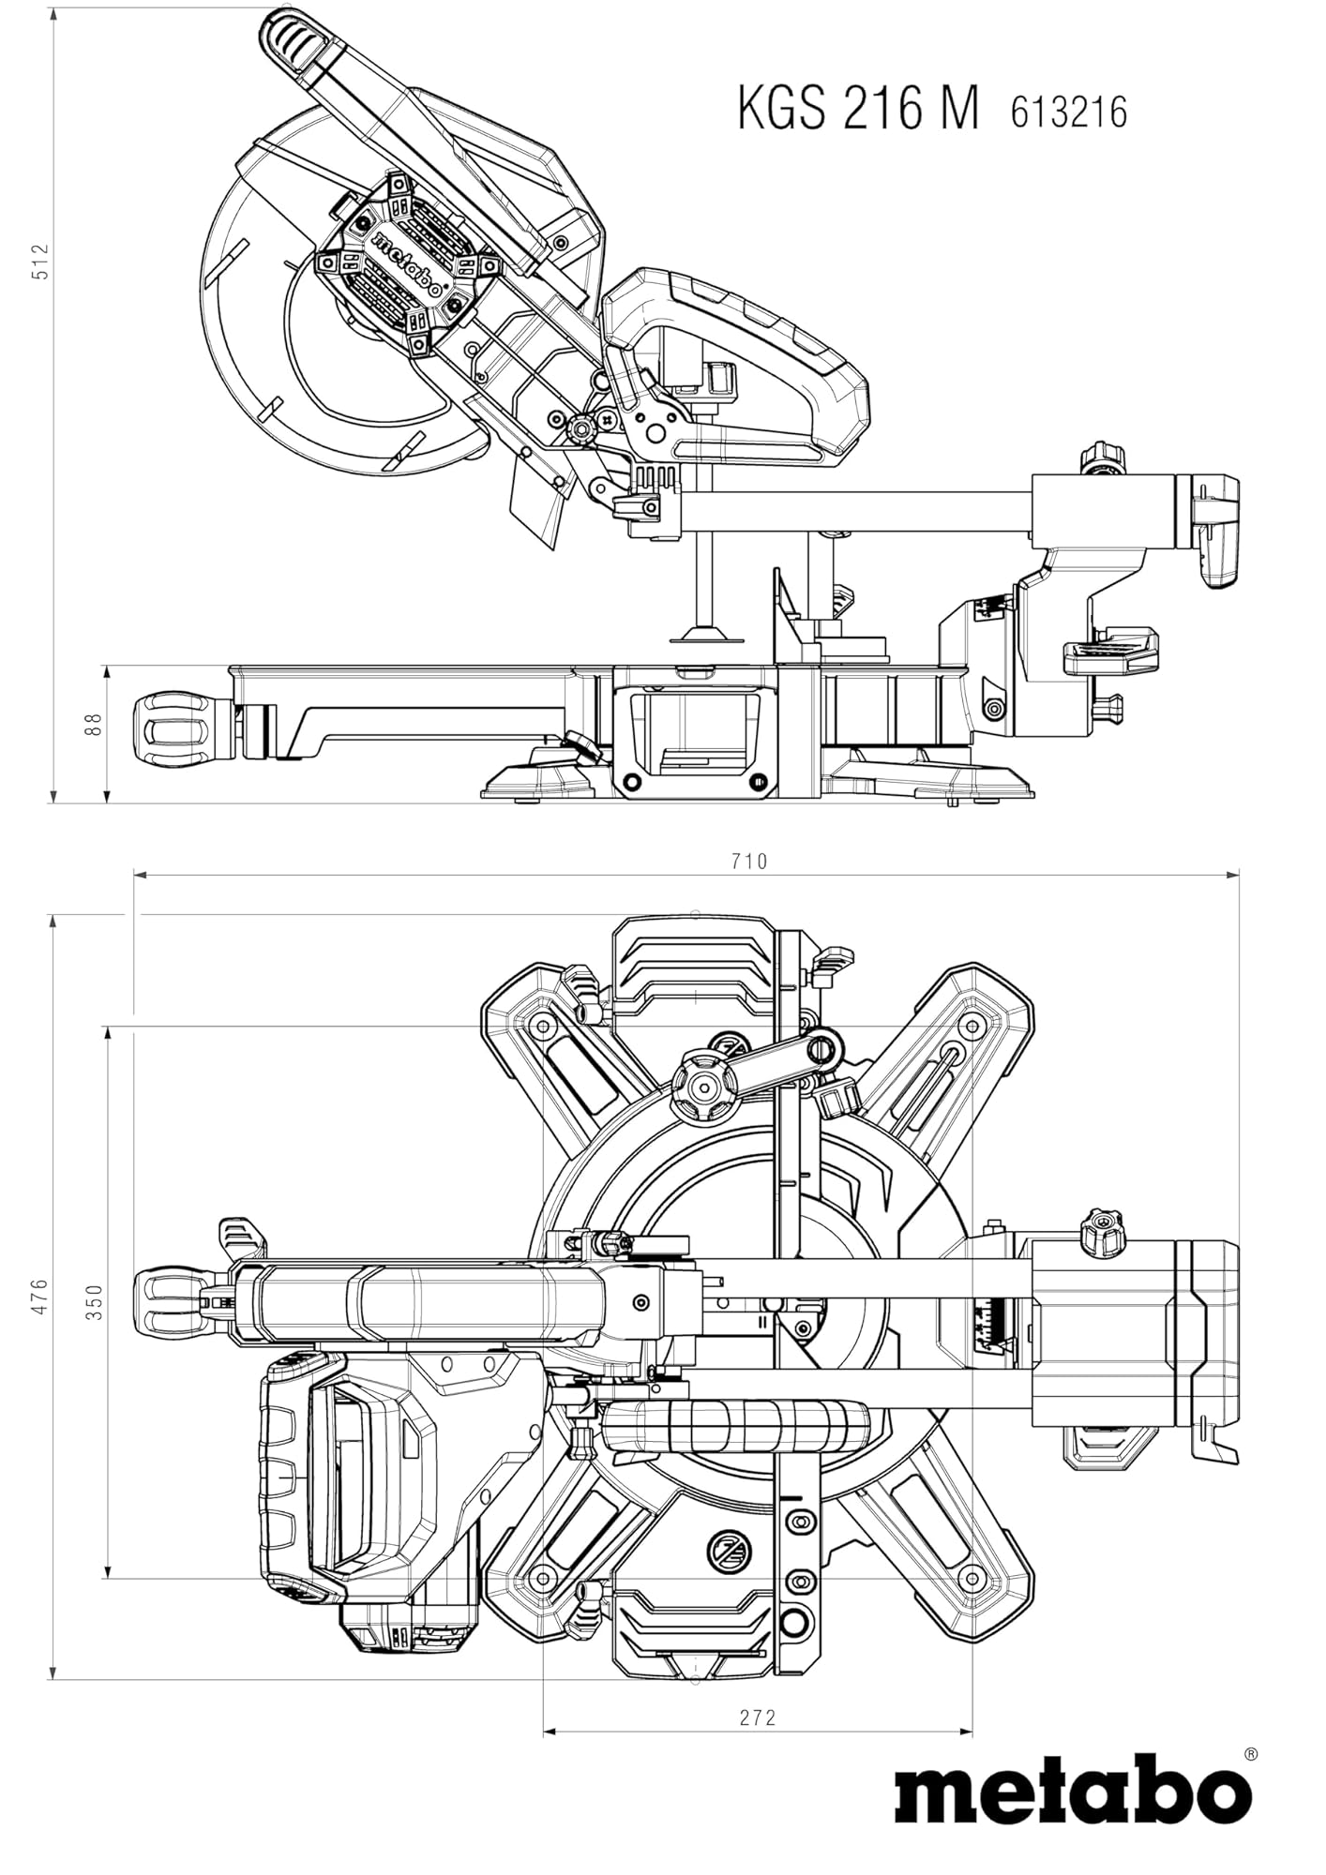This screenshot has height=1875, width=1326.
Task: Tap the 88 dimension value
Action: point(92,725)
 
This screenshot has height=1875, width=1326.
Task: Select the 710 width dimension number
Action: point(748,861)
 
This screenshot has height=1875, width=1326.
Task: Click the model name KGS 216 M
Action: point(858,110)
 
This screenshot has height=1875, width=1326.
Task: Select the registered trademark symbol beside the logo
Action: point(1251,1752)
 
